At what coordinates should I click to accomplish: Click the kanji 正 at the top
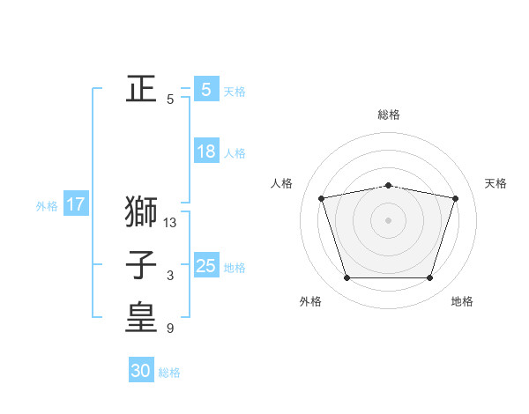click(x=141, y=89)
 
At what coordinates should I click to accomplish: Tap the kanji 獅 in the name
click(x=141, y=212)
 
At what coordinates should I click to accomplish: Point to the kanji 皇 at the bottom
click(x=141, y=319)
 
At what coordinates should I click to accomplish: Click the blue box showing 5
click(x=205, y=89)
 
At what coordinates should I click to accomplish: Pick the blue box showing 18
click(x=205, y=152)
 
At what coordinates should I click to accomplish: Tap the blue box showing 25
click(x=205, y=266)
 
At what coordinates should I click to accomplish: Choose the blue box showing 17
click(x=76, y=205)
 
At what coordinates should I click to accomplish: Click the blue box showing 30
click(x=141, y=371)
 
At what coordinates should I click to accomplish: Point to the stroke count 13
click(x=170, y=223)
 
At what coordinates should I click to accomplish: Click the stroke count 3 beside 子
click(x=170, y=277)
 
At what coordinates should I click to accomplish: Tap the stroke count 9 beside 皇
click(x=170, y=329)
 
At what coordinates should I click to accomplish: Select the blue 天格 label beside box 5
click(x=235, y=92)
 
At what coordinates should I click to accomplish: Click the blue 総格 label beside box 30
click(x=169, y=373)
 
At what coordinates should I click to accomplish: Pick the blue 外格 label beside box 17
click(x=47, y=207)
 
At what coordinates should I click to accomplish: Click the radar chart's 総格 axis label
click(x=389, y=115)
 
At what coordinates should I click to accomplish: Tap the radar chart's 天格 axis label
click(x=496, y=183)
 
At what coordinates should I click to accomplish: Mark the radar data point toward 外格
click(x=346, y=278)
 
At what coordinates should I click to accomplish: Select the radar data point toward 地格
click(x=430, y=278)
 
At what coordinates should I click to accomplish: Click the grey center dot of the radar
click(x=389, y=219)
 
